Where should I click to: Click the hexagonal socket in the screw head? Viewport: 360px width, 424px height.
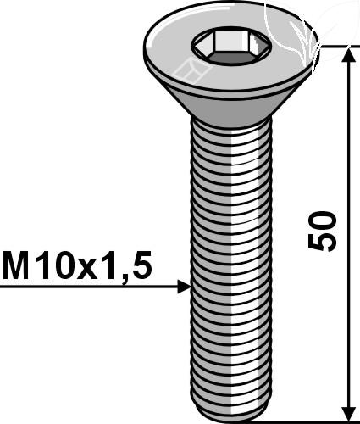pyautogui.click(x=230, y=46)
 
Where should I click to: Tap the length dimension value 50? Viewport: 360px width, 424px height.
pyautogui.click(x=322, y=231)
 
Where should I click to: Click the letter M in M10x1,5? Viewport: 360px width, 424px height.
pyautogui.click(x=15, y=265)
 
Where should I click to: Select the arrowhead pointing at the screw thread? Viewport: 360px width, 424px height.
pyautogui.click(x=184, y=287)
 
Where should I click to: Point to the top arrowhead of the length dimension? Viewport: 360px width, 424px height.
pyautogui.click(x=349, y=54)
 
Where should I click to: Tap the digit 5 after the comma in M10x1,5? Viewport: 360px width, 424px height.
pyautogui.click(x=142, y=265)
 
